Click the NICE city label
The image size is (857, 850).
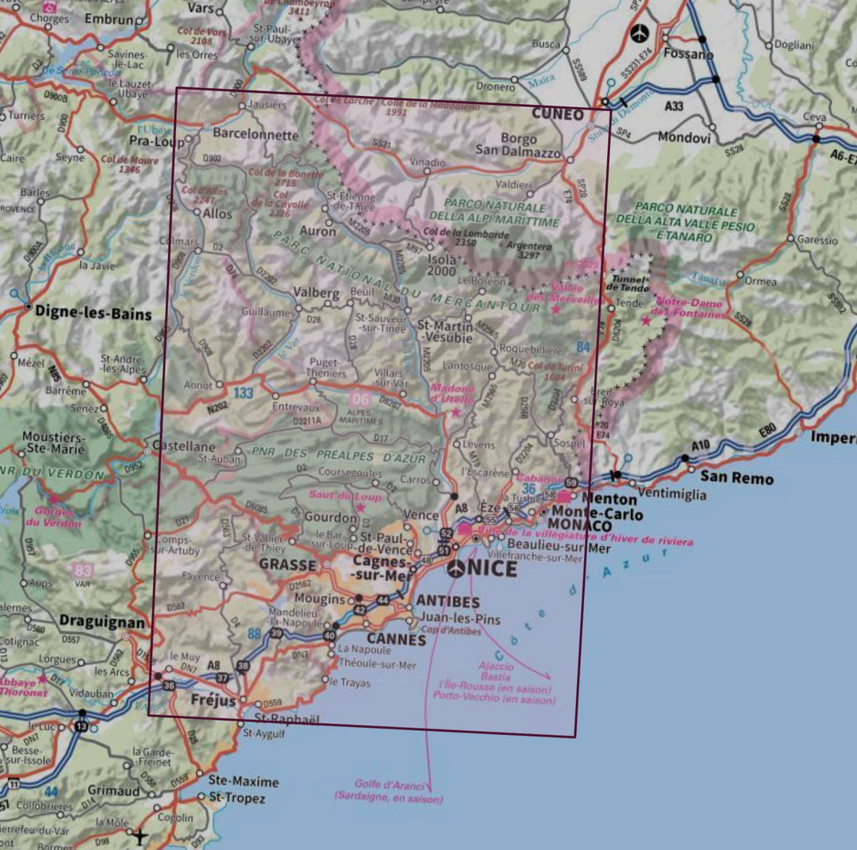[493, 568]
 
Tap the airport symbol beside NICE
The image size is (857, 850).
[456, 568]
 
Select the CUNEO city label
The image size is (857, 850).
[557, 114]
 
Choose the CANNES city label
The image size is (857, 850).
[396, 639]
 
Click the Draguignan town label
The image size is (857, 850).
[102, 622]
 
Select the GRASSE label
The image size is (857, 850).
[284, 565]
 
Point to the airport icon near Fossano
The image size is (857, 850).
[640, 33]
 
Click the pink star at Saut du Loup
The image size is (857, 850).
[360, 507]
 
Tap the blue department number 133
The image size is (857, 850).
[243, 392]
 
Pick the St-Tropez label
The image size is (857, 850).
[236, 798]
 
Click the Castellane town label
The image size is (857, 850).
[184, 447]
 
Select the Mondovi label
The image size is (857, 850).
[684, 137]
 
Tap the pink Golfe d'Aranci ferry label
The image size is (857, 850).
[388, 790]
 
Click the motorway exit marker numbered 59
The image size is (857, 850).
[571, 482]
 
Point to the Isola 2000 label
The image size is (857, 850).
[443, 266]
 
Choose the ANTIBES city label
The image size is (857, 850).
[448, 602]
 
